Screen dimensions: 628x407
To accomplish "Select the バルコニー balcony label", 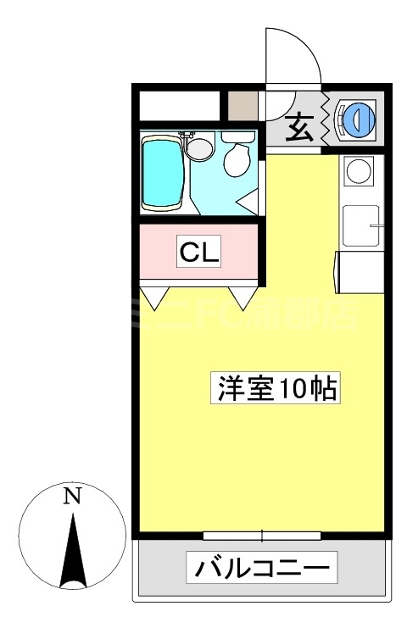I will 261,567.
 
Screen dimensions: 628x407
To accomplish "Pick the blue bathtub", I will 163,172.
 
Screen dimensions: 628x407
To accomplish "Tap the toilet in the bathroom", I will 237,158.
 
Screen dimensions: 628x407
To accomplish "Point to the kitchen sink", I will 362,225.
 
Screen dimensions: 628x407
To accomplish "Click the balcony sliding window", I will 261,536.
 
